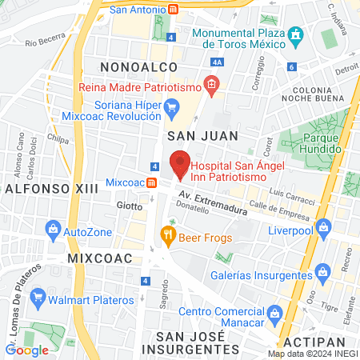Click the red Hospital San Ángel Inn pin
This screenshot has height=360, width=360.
click(181, 163)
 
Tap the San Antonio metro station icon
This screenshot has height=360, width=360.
click(174, 10)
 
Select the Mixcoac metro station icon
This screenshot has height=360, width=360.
click(152, 182)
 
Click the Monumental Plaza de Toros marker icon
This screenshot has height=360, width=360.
click(295, 35)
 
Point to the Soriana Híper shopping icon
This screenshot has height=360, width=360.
click(171, 106)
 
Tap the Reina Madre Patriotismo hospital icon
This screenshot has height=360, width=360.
click(210, 83)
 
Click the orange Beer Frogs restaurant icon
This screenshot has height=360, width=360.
click(167, 234)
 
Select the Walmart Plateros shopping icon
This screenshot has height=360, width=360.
click(37, 299)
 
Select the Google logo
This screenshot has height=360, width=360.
click(27, 350)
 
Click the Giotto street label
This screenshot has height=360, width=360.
click(130, 206)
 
